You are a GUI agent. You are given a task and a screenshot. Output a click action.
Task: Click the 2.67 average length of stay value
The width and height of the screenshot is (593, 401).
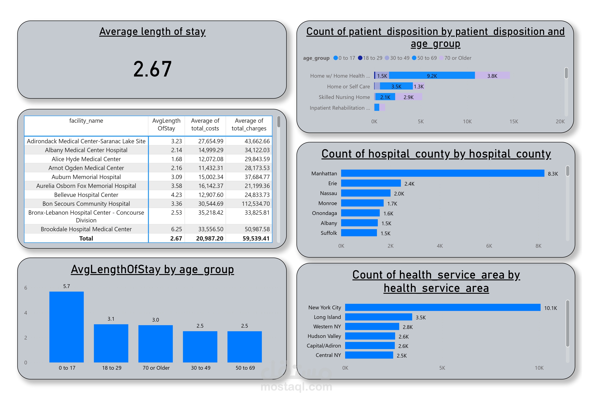[152, 69]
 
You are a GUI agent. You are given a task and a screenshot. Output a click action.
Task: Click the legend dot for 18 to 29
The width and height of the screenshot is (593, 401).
[360, 58]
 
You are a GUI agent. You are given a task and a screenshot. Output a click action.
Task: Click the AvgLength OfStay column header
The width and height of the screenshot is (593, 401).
[166, 124]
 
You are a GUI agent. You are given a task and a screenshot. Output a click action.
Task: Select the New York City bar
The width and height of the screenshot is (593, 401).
[442, 307]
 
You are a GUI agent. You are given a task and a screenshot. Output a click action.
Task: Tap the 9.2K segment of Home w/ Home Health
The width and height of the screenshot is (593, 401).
[432, 76]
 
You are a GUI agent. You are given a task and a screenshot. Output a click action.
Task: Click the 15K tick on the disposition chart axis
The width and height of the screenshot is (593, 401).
[514, 122]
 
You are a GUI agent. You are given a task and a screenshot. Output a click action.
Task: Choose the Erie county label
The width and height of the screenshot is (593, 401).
[333, 183]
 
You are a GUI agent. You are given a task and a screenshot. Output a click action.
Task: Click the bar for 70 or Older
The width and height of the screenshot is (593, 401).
[155, 344]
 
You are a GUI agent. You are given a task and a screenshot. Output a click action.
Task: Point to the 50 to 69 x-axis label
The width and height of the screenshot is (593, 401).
[245, 368]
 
